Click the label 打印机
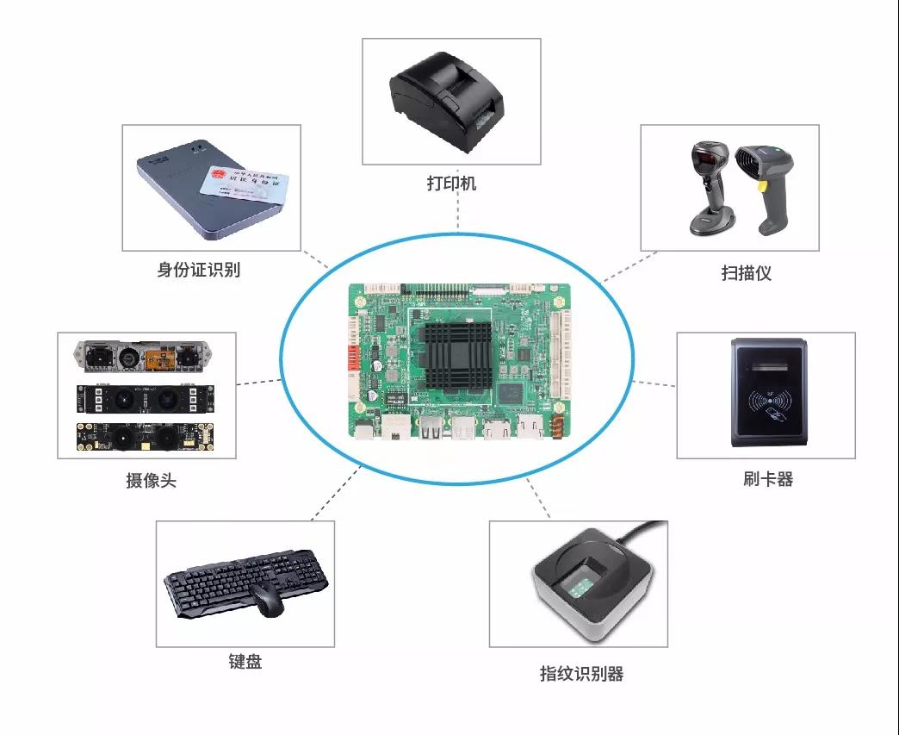(451, 184)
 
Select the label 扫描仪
(746, 273)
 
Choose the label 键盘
(245, 662)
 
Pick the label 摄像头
(151, 480)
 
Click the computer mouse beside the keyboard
(268, 597)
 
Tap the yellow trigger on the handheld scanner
(761, 184)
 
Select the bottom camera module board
(144, 438)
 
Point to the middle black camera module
(144, 397)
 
